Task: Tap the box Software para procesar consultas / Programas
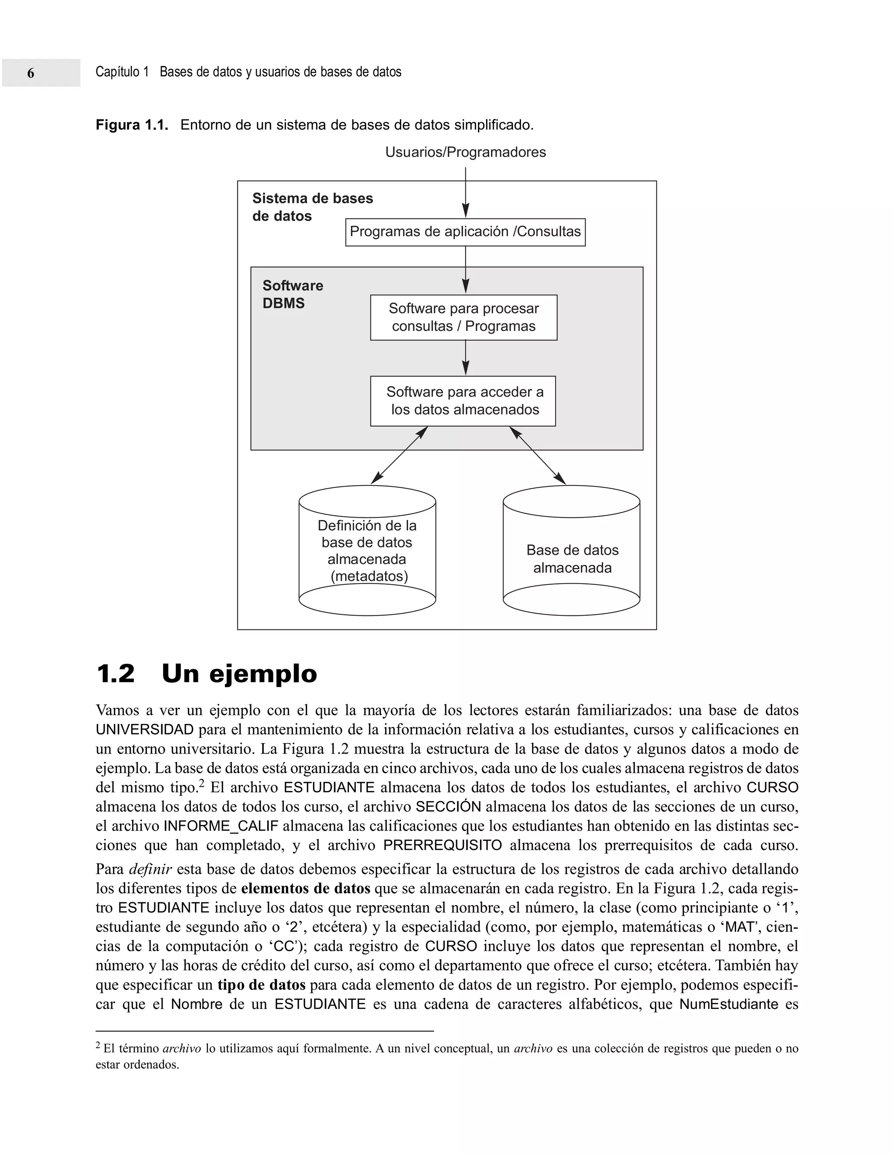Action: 464,317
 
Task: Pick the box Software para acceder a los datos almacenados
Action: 463,401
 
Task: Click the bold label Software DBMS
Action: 293,295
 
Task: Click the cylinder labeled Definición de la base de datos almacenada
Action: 367,550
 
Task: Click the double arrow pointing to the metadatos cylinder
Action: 399,456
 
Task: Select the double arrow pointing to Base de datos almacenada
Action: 538,456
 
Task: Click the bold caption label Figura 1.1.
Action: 132,126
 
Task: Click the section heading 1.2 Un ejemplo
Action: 206,674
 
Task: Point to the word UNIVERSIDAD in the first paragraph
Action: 144,730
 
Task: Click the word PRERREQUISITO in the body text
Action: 442,845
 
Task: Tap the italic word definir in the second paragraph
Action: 151,870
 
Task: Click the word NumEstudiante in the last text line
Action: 729,1004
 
